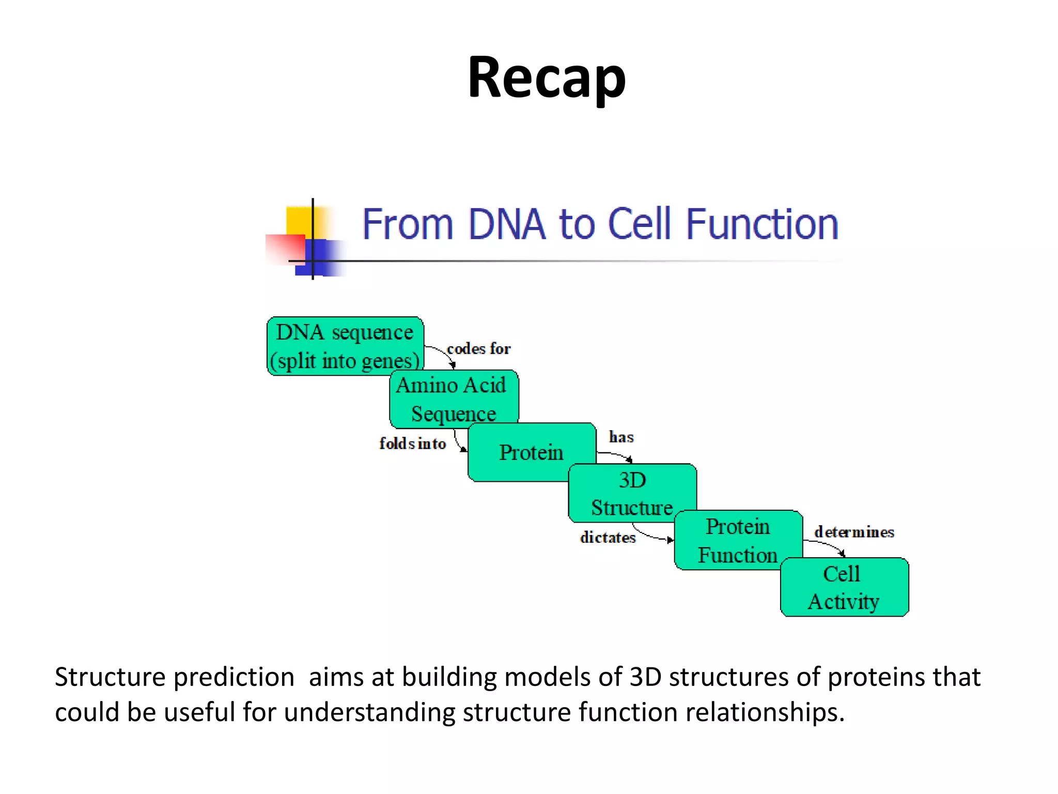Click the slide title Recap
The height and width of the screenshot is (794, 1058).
tap(546, 78)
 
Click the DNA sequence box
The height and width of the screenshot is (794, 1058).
tap(345, 346)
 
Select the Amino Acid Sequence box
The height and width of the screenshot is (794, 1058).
tap(453, 399)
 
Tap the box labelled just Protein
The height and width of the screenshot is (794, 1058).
tap(531, 452)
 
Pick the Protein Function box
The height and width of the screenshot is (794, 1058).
tap(737, 540)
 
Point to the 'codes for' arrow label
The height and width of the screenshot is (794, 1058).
tap(478, 349)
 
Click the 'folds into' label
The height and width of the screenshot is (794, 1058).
tap(412, 444)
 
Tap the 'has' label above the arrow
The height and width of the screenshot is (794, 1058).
tap(621, 437)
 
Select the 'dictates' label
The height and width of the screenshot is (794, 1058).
tap(608, 538)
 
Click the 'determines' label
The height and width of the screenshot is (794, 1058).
tap(854, 532)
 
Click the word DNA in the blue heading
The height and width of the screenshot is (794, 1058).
tap(506, 224)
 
